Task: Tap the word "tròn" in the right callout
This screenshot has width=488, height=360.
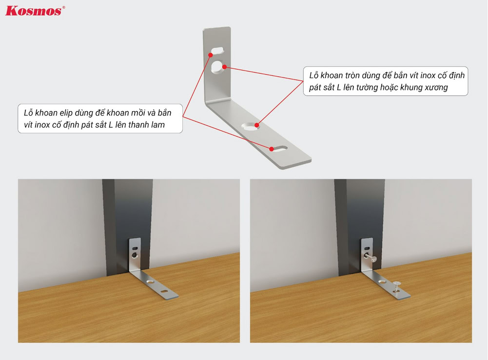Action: pos(352,75)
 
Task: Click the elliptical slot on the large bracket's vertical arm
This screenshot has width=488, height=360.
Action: pos(217,50)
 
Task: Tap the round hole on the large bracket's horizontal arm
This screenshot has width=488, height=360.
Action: pos(250,126)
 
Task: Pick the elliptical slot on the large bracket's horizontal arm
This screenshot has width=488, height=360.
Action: pos(279,149)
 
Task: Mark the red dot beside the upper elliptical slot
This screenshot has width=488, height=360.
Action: pos(211,55)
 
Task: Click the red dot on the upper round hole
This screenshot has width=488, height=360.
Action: pos(224,67)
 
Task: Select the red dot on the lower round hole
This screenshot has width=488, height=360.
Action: pos(257,125)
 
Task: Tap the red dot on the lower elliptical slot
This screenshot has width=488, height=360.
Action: pos(272,149)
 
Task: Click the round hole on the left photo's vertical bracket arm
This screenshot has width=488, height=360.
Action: pos(135,255)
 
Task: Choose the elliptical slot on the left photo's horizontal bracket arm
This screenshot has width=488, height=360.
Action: pos(164,292)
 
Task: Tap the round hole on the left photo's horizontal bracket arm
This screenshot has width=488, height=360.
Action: pos(150,281)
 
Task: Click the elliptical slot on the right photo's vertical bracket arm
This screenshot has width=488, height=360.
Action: pos(367,248)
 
